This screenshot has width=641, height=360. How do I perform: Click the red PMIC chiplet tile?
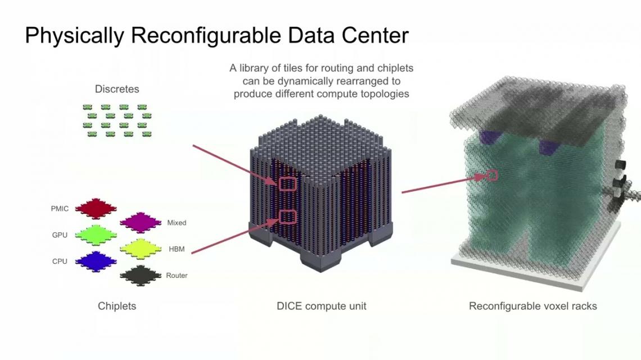pos(96,208)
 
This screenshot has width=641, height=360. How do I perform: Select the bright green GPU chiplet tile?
pos(96,235)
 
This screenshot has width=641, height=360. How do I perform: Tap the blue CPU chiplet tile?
pos(96,262)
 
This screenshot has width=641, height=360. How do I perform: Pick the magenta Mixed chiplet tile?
pos(140,222)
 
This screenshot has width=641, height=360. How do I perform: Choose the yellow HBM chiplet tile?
pos(140,249)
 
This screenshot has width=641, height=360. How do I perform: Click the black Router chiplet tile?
pos(140,275)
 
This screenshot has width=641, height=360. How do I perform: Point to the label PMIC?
pos(60,209)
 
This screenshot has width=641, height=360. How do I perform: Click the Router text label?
pos(177,276)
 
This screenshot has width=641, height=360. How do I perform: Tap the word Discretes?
pos(117,89)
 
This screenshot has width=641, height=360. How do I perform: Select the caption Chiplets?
pos(117,306)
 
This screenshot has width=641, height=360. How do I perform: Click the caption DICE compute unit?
pos(321,306)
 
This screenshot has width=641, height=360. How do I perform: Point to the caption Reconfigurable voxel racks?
pos(532,306)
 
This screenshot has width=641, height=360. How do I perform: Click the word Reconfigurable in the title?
pos(206,35)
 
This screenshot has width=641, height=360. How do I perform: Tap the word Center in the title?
pos(375,35)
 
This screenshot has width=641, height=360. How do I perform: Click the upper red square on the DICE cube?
pos(288,184)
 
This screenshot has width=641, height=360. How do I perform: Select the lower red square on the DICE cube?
pos(288,217)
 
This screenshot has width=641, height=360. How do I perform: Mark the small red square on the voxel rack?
pos(493,175)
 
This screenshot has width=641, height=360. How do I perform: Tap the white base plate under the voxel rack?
pos(535,262)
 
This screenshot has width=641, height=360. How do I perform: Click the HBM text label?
pos(177,249)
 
